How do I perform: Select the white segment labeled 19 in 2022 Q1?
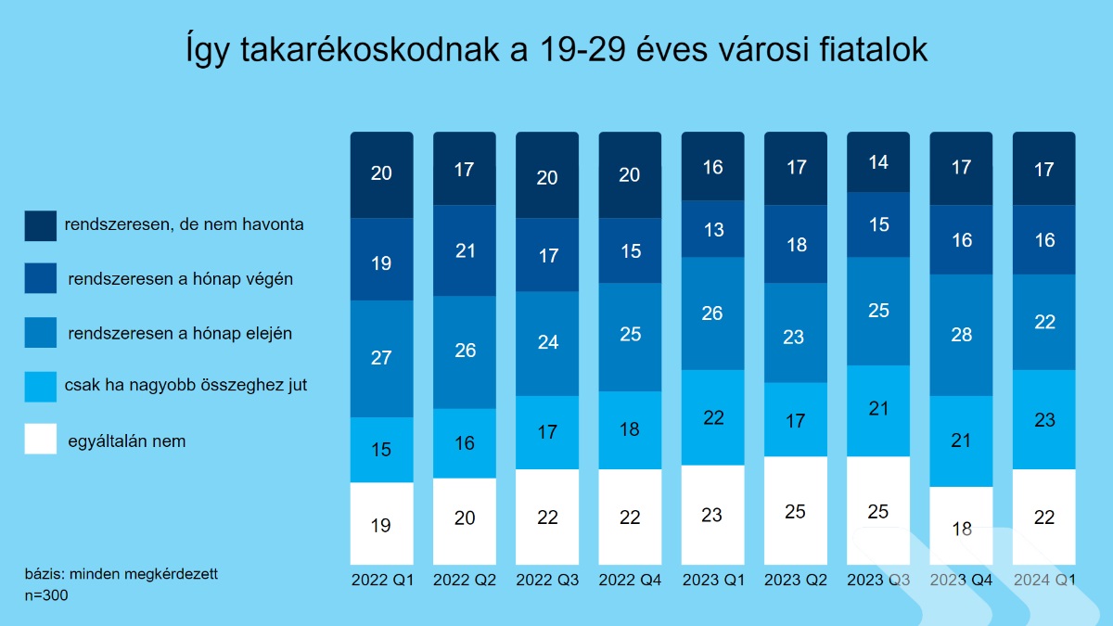pos(381,524)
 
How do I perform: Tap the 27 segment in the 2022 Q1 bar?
pos(381,358)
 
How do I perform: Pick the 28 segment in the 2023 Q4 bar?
pos(962,335)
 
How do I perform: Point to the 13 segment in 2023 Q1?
pos(713,230)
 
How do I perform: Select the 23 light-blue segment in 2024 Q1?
pos(1044,419)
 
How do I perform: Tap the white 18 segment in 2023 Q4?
pos(962,527)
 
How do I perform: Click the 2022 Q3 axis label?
pos(547,580)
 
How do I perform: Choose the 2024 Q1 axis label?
pos(1044,580)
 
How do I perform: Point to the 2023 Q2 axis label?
pos(796,580)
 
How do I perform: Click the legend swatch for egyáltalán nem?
pos(41,440)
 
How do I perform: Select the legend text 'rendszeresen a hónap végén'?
pos(181,278)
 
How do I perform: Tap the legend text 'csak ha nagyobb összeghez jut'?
pos(186,385)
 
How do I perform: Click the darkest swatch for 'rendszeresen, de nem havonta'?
pos(41,225)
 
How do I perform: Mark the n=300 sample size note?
pos(46,595)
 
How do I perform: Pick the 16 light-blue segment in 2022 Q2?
pos(465,443)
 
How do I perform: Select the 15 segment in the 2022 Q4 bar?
pos(630,251)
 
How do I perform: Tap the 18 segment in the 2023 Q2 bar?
pos(796,245)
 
